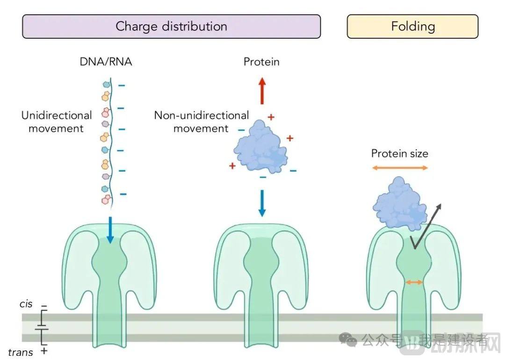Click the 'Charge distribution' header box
coord(171,26)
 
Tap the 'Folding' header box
coord(412,26)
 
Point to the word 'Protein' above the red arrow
coord(261,62)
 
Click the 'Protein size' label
coord(399,153)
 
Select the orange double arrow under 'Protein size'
coord(400,167)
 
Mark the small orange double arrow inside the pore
coord(414,282)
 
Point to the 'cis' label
coord(26,304)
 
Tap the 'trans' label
coord(21,352)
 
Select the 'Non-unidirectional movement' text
coord(201,122)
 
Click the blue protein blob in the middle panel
coord(260,148)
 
